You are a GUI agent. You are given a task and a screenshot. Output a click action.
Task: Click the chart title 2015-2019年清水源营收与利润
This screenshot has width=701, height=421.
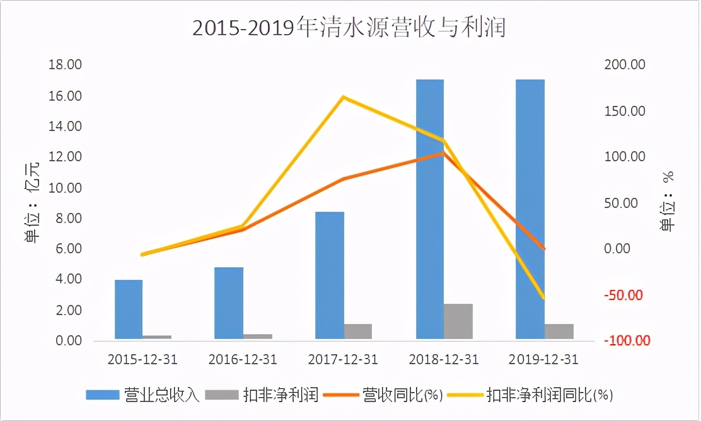click(349, 28)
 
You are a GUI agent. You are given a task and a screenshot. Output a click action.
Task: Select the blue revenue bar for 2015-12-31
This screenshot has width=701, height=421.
click(129, 310)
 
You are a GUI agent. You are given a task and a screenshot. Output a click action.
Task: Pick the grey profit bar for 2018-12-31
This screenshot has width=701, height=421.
click(458, 322)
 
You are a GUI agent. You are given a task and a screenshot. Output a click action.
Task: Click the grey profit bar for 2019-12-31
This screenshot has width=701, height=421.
click(559, 332)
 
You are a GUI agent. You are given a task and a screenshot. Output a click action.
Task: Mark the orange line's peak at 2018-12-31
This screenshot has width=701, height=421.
click(443, 153)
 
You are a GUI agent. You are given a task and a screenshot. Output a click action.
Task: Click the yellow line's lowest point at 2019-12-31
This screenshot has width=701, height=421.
click(544, 298)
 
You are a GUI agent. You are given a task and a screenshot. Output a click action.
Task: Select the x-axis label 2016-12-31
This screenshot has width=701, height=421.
click(243, 359)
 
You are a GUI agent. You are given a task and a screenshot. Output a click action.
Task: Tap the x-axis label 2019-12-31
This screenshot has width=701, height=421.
click(543, 359)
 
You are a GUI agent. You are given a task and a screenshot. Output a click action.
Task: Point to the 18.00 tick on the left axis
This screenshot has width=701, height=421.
click(66, 65)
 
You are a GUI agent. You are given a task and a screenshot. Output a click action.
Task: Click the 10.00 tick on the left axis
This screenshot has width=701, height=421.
click(66, 188)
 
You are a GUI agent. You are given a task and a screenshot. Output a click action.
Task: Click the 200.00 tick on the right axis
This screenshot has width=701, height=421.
click(624, 65)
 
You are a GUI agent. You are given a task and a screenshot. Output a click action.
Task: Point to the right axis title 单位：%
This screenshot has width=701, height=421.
click(668, 203)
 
